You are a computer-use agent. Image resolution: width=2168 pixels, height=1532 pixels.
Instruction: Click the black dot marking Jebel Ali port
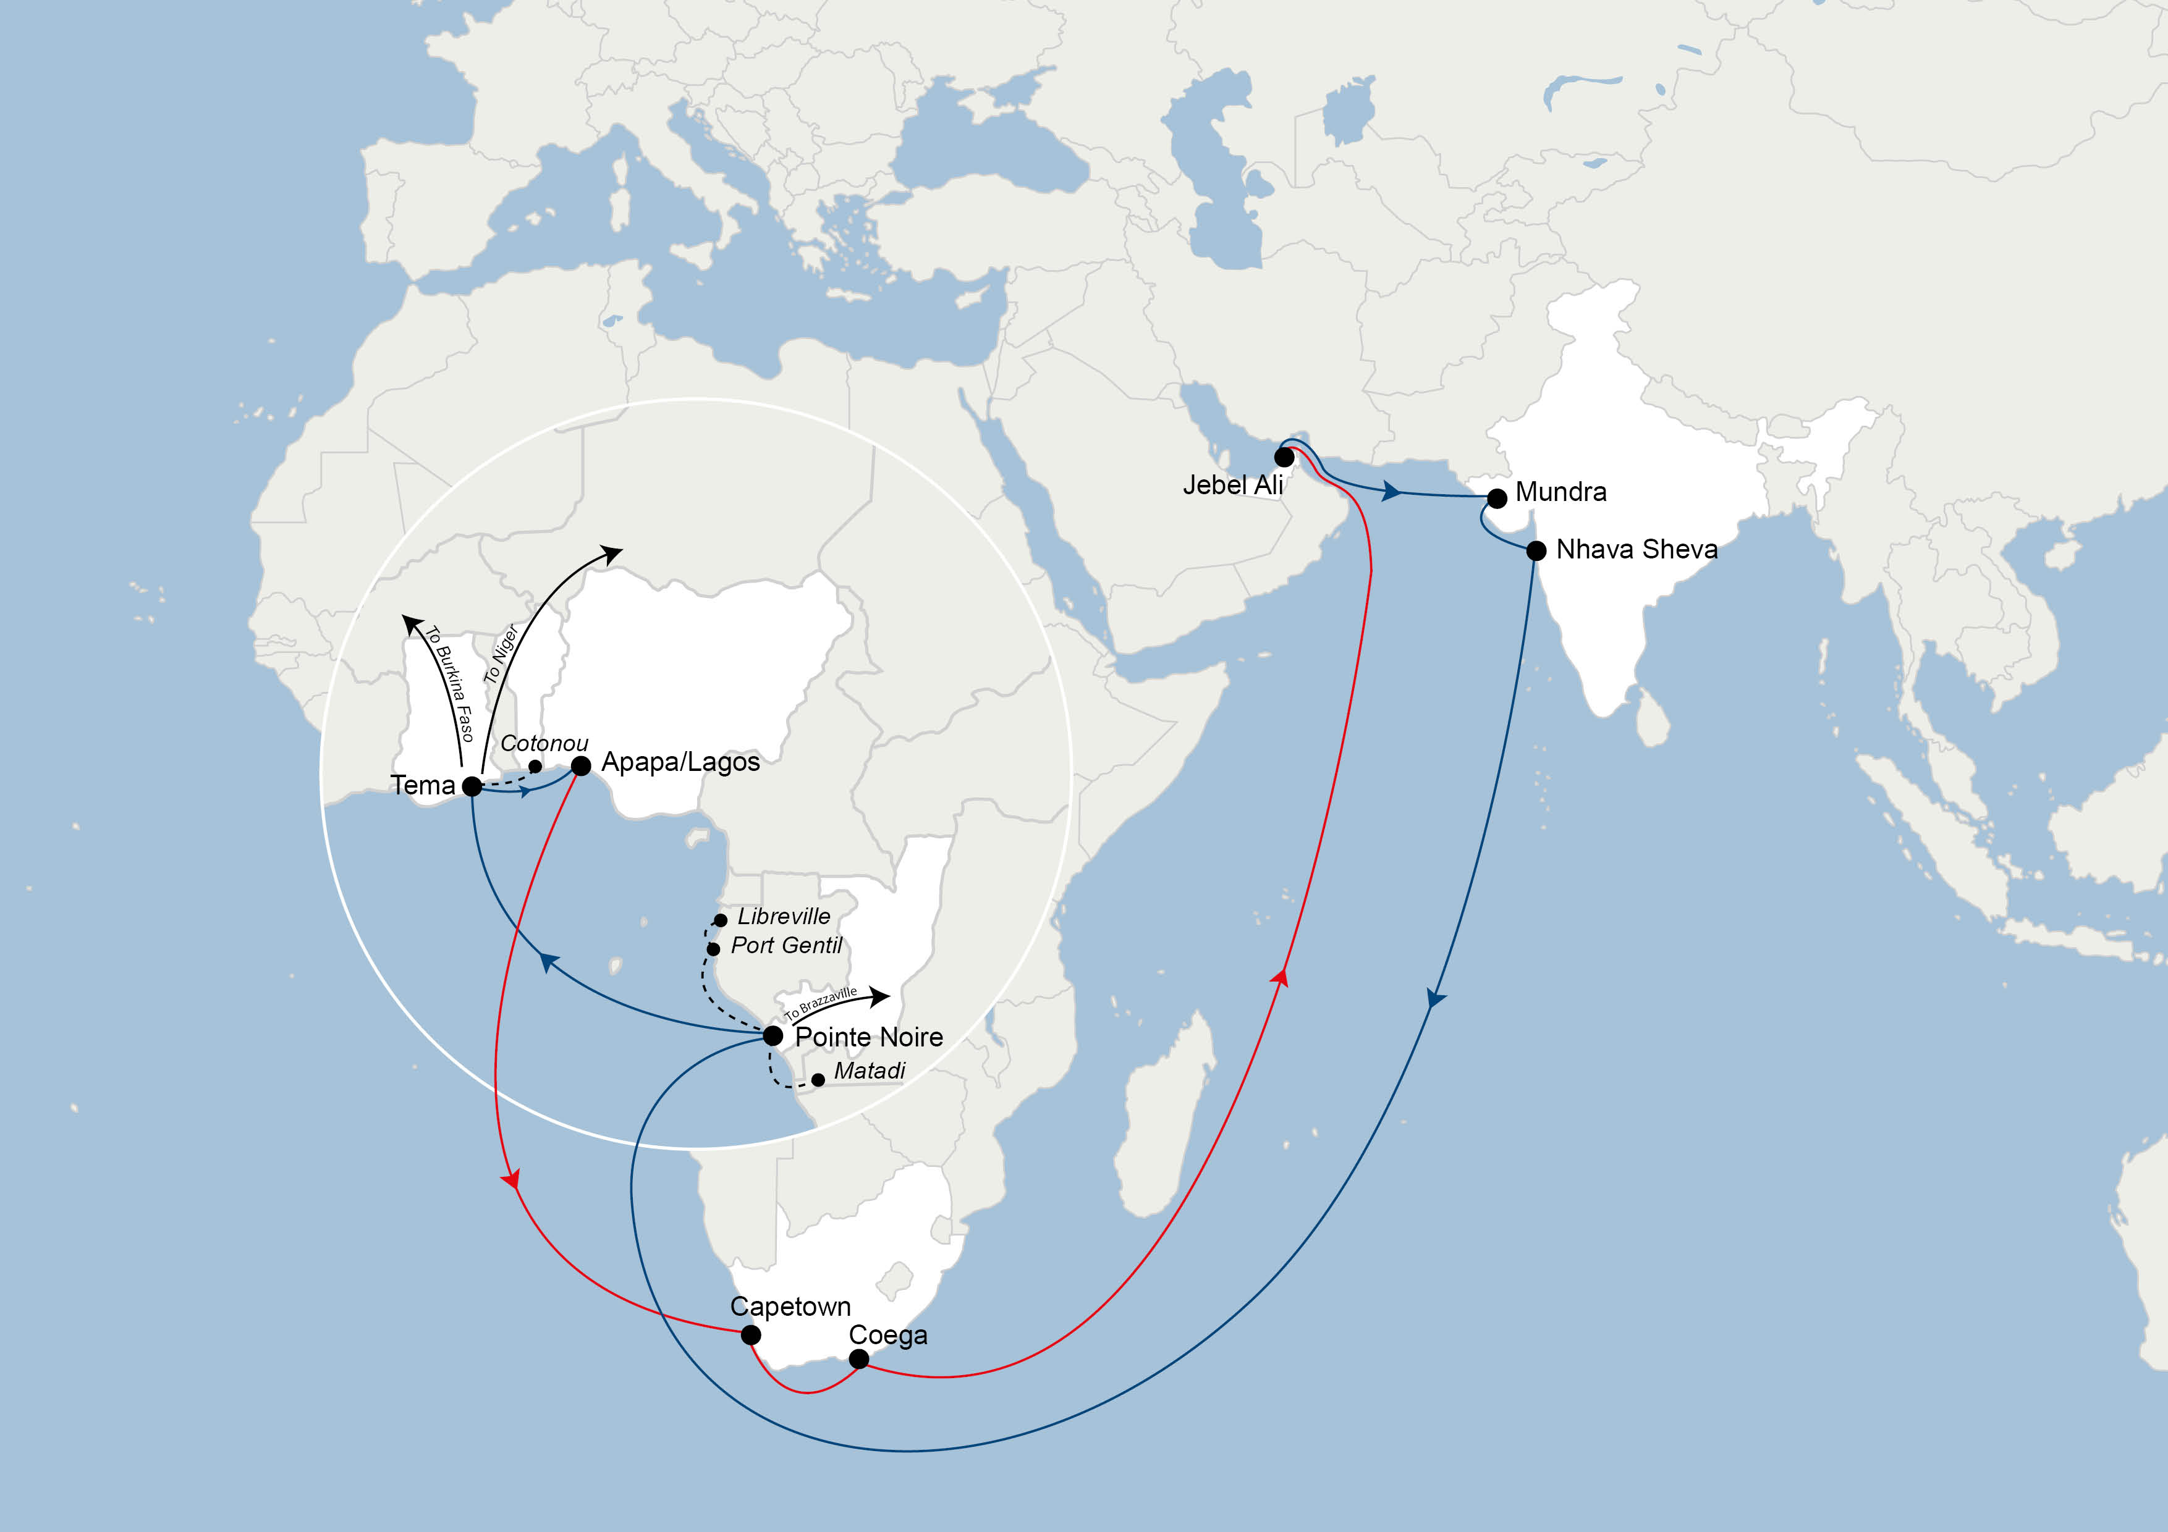pyautogui.click(x=1284, y=457)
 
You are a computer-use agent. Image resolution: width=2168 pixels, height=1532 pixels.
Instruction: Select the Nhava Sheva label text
pyautogui.click(x=1637, y=549)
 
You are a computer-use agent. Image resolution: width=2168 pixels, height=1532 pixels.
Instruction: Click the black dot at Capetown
pyautogui.click(x=751, y=1335)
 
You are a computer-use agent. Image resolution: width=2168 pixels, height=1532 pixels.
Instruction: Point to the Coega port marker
pyautogui.click(x=858, y=1359)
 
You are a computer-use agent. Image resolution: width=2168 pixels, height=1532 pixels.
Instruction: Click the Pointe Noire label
pyautogui.click(x=869, y=1037)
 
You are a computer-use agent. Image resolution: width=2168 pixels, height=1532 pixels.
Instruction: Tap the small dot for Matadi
pyautogui.click(x=818, y=1080)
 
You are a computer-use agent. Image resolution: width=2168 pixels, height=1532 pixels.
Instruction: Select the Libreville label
pyautogui.click(x=784, y=917)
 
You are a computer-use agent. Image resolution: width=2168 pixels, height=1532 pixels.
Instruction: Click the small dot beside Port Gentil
pyautogui.click(x=713, y=949)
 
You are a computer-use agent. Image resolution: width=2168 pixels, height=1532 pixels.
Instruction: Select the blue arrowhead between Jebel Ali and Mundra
pyautogui.click(x=1391, y=491)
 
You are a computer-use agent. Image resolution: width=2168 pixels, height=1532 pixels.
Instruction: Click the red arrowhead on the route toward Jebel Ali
pyautogui.click(x=1281, y=977)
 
